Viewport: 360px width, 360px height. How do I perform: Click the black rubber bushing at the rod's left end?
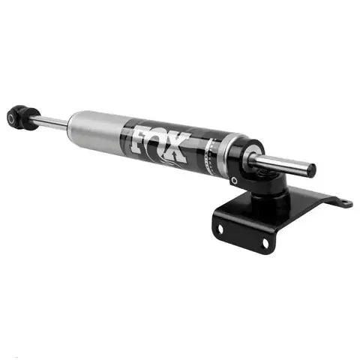pos(22,117)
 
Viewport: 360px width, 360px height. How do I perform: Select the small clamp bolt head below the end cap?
pos(235,181)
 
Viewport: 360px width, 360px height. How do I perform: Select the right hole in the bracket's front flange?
pos(265,243)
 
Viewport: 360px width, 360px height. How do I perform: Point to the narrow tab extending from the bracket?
pos(334,200)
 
